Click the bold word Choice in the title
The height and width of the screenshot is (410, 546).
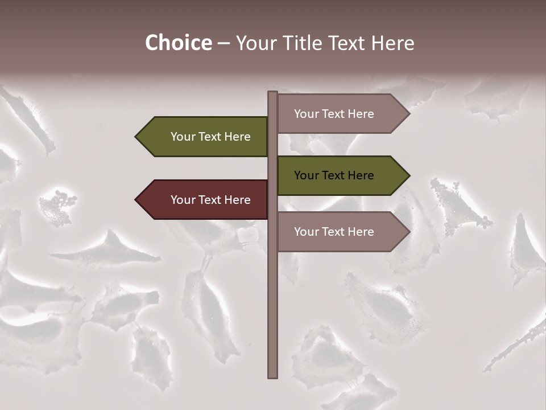[178, 43]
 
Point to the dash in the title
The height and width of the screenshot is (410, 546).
[224, 44]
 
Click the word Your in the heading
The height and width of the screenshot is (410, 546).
[255, 43]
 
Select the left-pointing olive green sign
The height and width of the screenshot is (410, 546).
[205, 137]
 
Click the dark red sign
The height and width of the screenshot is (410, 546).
[205, 200]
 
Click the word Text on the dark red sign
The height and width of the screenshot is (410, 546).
[210, 200]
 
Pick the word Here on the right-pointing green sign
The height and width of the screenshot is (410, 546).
[361, 175]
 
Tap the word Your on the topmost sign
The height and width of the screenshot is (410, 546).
[306, 114]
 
